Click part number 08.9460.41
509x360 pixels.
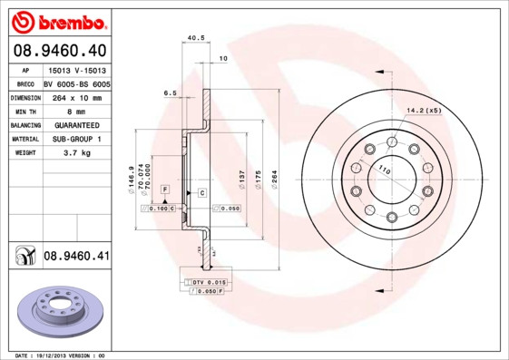pyautogui.click(x=76, y=257)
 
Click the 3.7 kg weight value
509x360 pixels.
pyautogui.click(x=75, y=153)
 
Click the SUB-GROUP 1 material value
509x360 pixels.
pyautogui.click(x=75, y=139)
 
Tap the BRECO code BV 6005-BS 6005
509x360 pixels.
pyautogui.click(x=75, y=82)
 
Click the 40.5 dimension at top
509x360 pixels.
pyautogui.click(x=193, y=38)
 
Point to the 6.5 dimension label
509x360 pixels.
pyautogui.click(x=170, y=92)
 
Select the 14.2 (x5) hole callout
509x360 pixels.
pyautogui.click(x=425, y=110)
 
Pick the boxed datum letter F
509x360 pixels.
pyautogui.click(x=166, y=188)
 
